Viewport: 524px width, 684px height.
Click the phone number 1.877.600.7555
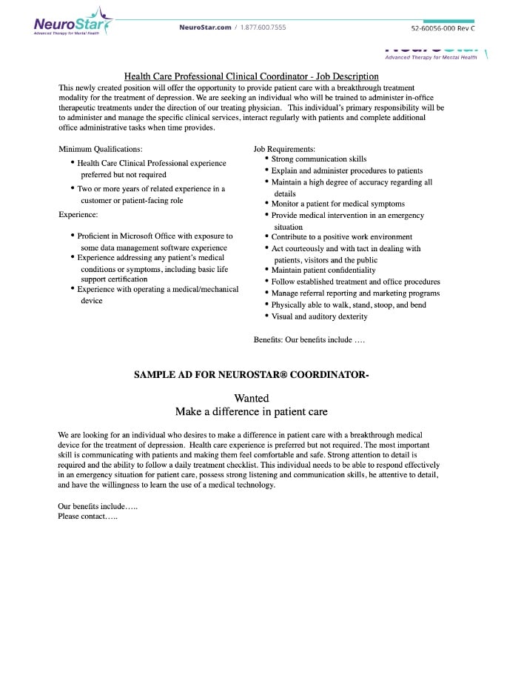[x=263, y=27]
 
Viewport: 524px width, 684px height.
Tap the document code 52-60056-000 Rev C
[x=443, y=28]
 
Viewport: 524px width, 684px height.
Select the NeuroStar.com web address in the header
[x=205, y=27]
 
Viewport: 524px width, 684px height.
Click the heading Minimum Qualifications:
[x=101, y=149]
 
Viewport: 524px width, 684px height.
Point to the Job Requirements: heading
[x=284, y=149]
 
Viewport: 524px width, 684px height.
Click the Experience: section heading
[x=78, y=214]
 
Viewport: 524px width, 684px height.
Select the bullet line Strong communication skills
[x=318, y=159]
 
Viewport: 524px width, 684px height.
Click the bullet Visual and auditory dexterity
[x=319, y=316]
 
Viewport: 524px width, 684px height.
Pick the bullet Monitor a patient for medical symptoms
[x=337, y=204]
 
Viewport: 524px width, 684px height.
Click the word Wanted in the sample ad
[x=252, y=398]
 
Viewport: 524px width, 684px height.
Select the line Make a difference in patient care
[x=251, y=411]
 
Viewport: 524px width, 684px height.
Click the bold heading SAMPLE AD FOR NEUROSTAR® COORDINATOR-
[x=251, y=375]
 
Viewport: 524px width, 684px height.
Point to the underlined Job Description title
[x=251, y=76]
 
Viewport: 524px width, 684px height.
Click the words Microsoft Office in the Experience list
[x=165, y=236]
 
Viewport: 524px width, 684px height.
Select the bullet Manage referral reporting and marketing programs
[x=355, y=293]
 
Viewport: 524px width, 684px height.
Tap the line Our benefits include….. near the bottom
[x=98, y=506]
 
